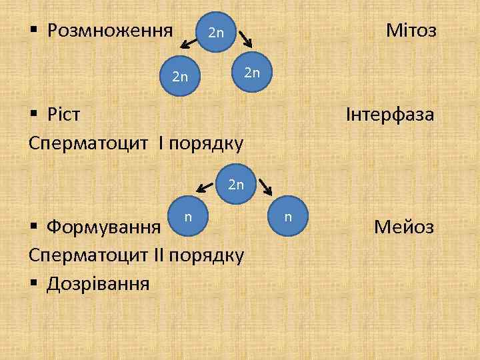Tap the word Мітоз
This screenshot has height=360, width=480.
[x=411, y=30]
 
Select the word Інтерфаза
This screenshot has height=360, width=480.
[x=390, y=115]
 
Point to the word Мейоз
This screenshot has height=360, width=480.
[x=404, y=227]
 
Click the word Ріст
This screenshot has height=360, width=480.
[x=64, y=115]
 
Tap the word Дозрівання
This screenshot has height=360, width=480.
[x=98, y=284]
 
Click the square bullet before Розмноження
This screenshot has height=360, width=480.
[x=34, y=31]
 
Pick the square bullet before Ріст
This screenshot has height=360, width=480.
[x=34, y=115]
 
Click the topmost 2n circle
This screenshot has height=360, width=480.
[x=217, y=32]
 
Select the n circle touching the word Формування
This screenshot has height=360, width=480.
[x=189, y=217]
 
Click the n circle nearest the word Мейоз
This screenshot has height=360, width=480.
[x=288, y=217]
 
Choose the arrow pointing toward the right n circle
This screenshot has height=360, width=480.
[x=265, y=185]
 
